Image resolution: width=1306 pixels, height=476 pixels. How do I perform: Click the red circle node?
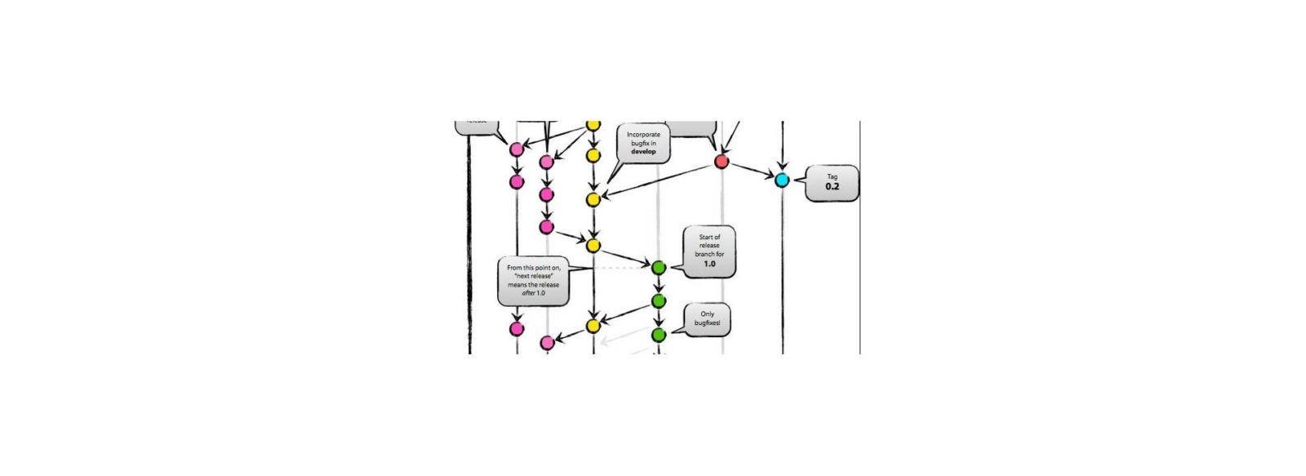(x=722, y=162)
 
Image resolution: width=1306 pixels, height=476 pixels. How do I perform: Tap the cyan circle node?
(x=782, y=180)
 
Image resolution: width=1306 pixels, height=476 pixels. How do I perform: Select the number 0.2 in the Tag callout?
(x=832, y=187)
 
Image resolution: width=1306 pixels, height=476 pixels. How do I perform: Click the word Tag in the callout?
(x=832, y=176)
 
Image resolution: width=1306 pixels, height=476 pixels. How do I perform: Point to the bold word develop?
(x=643, y=151)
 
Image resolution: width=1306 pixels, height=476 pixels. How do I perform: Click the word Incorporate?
(x=643, y=134)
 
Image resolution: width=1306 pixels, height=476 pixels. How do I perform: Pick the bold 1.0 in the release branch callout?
(x=709, y=264)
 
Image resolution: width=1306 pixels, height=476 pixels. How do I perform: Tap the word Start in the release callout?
(x=709, y=237)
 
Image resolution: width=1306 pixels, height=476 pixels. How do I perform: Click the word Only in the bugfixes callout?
(x=708, y=314)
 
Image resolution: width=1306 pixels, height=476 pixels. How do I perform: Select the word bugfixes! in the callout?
(x=708, y=323)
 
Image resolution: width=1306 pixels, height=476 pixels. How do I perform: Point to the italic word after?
(x=527, y=292)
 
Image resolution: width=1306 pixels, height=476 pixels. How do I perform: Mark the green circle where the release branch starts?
(x=659, y=267)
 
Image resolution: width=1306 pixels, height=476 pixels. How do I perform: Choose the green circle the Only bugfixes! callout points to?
(x=659, y=335)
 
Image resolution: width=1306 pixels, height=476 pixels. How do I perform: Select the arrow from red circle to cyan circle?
(x=752, y=171)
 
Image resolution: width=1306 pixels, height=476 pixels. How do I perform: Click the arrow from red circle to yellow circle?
(x=661, y=180)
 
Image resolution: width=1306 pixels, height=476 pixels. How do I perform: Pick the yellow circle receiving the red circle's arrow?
(x=593, y=199)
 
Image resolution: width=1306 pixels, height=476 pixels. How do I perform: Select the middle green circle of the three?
(x=659, y=301)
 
